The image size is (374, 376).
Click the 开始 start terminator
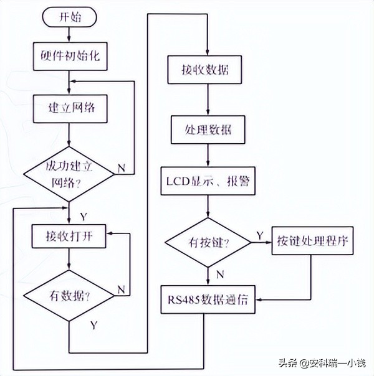[69, 17]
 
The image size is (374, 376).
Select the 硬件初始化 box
[69, 57]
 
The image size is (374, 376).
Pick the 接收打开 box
[69, 236]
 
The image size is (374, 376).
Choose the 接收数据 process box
[206, 69]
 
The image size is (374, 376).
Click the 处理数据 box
[206, 130]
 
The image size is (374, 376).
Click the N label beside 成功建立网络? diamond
[121, 168]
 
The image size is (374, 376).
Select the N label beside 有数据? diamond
[120, 289]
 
